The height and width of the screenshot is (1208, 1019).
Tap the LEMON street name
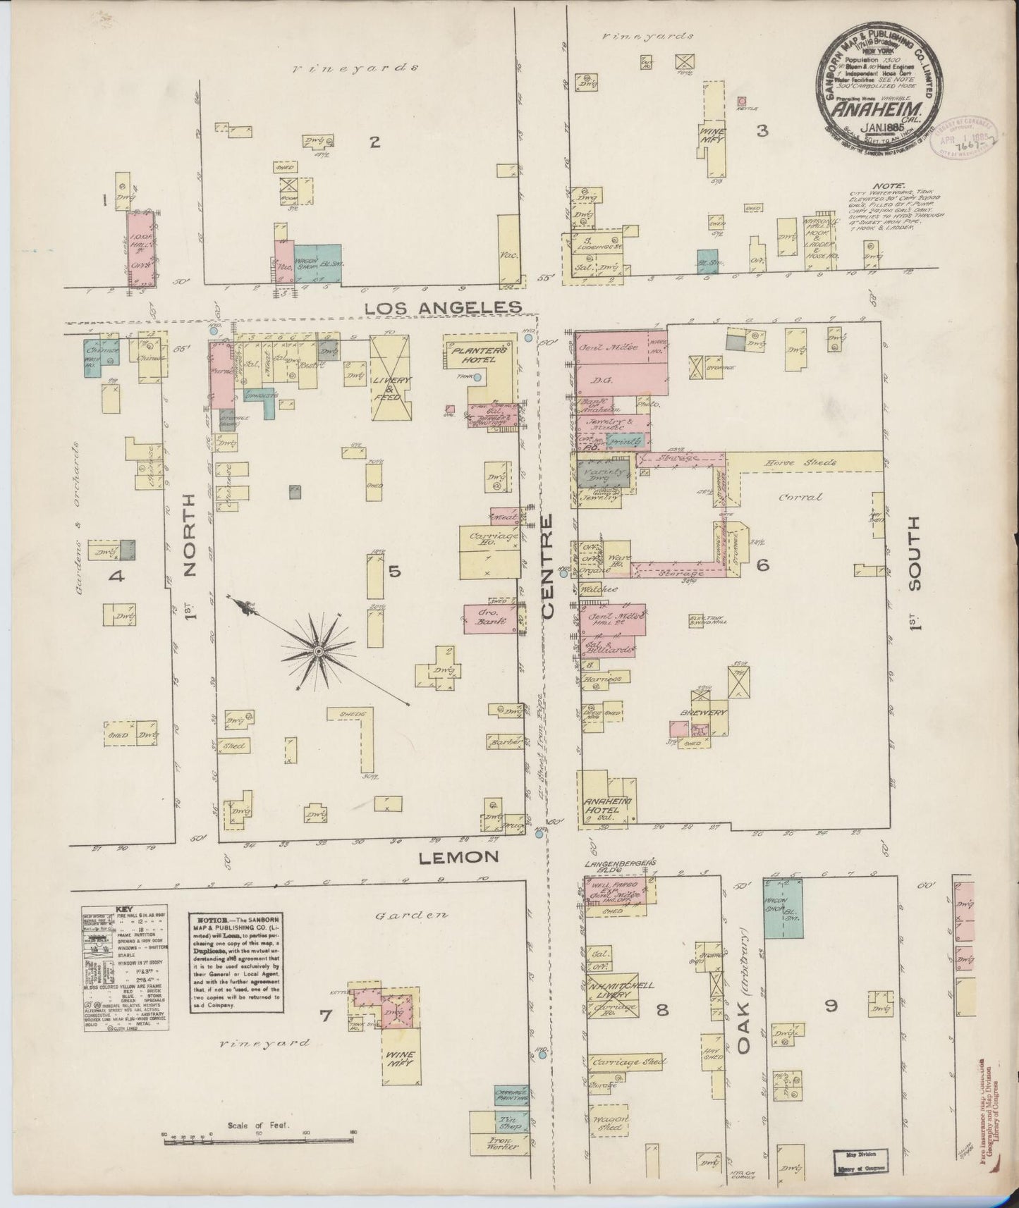[458, 857]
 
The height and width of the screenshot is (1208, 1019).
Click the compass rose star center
[318, 652]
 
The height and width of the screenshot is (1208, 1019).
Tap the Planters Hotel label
[480, 354]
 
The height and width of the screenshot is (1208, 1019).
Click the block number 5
[393, 571]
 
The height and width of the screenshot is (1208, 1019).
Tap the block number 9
[831, 1006]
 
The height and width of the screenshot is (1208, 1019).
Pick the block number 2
[375, 142]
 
